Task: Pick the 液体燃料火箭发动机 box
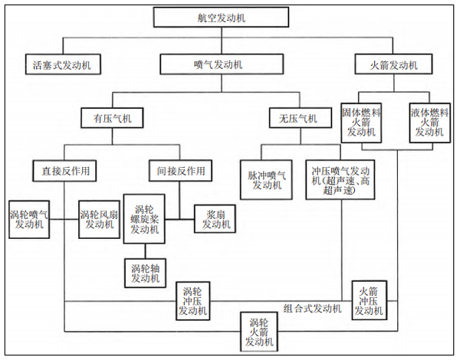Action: [x=429, y=122]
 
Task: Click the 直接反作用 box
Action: [x=64, y=169]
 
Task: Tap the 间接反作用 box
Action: [x=180, y=169]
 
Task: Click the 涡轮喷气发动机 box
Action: [x=30, y=219]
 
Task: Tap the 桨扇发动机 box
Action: [x=215, y=219]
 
